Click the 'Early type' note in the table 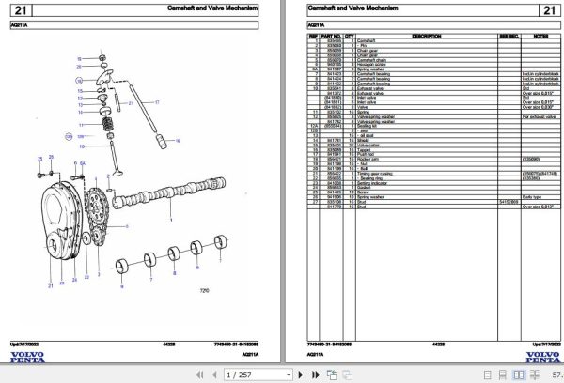pyautogui.click(x=533, y=195)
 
